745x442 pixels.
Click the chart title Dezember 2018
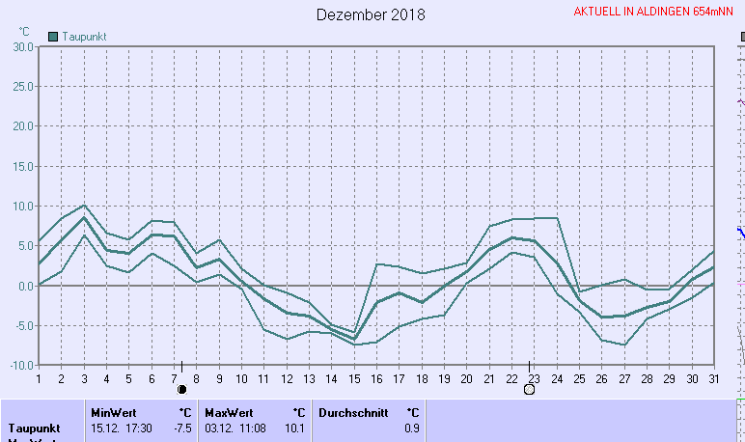tap(371, 15)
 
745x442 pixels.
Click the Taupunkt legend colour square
tap(53, 36)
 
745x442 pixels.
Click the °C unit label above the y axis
tap(24, 31)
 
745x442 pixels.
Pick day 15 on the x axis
tap(354, 378)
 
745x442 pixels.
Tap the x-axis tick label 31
tap(713, 378)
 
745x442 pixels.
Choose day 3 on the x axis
tap(84, 378)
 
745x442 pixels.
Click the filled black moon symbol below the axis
tap(181, 389)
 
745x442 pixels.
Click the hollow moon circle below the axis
tap(529, 389)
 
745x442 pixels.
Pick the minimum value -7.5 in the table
tap(179, 428)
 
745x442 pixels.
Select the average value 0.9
tap(412, 428)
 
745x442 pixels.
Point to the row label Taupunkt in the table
tap(35, 428)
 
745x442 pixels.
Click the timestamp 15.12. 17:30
tap(122, 428)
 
